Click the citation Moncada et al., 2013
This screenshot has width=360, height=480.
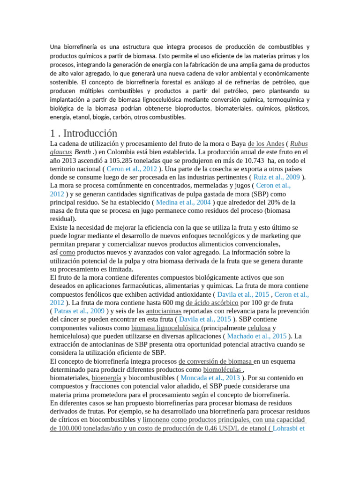coord(210,378)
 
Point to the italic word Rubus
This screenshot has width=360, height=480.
coord(299,144)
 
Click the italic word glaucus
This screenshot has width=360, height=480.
coord(61,152)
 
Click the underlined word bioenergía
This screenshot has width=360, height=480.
coord(106,378)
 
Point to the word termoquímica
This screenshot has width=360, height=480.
coord(278,100)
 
